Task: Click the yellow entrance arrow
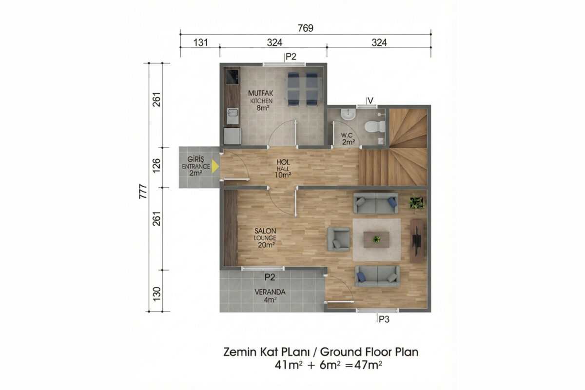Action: tap(214, 166)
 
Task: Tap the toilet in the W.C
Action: tap(375, 126)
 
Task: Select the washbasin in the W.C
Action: tap(348, 114)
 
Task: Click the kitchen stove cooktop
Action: tap(49, 77)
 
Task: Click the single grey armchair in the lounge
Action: tap(338, 239)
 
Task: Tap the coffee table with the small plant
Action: tap(376, 239)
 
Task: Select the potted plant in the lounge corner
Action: tap(416, 203)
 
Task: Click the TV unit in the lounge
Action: tap(416, 241)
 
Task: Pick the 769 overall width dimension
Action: tap(306, 28)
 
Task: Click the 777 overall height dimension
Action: tap(143, 192)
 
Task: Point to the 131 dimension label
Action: tap(200, 42)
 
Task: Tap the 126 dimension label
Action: tap(156, 165)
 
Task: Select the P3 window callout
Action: tap(384, 319)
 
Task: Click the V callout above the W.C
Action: tap(370, 100)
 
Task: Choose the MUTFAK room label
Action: tap(261, 93)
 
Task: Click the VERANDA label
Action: tap(270, 292)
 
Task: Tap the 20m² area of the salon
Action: tap(266, 245)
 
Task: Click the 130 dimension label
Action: tap(156, 294)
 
